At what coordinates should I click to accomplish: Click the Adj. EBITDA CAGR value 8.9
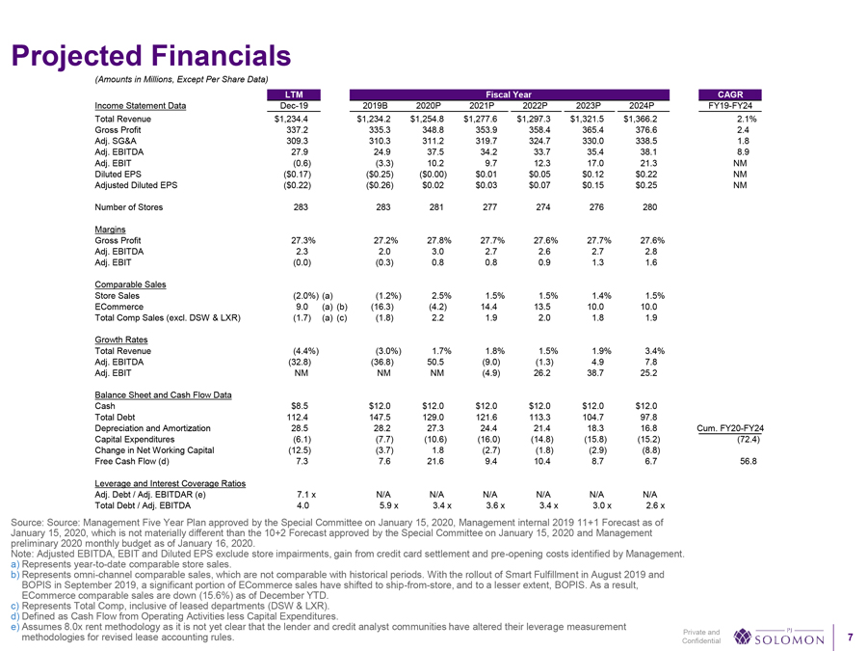742,151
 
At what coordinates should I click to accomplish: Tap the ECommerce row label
118,308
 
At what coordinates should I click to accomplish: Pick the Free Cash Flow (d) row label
134,460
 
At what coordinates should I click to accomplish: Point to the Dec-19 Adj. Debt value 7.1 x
296,493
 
